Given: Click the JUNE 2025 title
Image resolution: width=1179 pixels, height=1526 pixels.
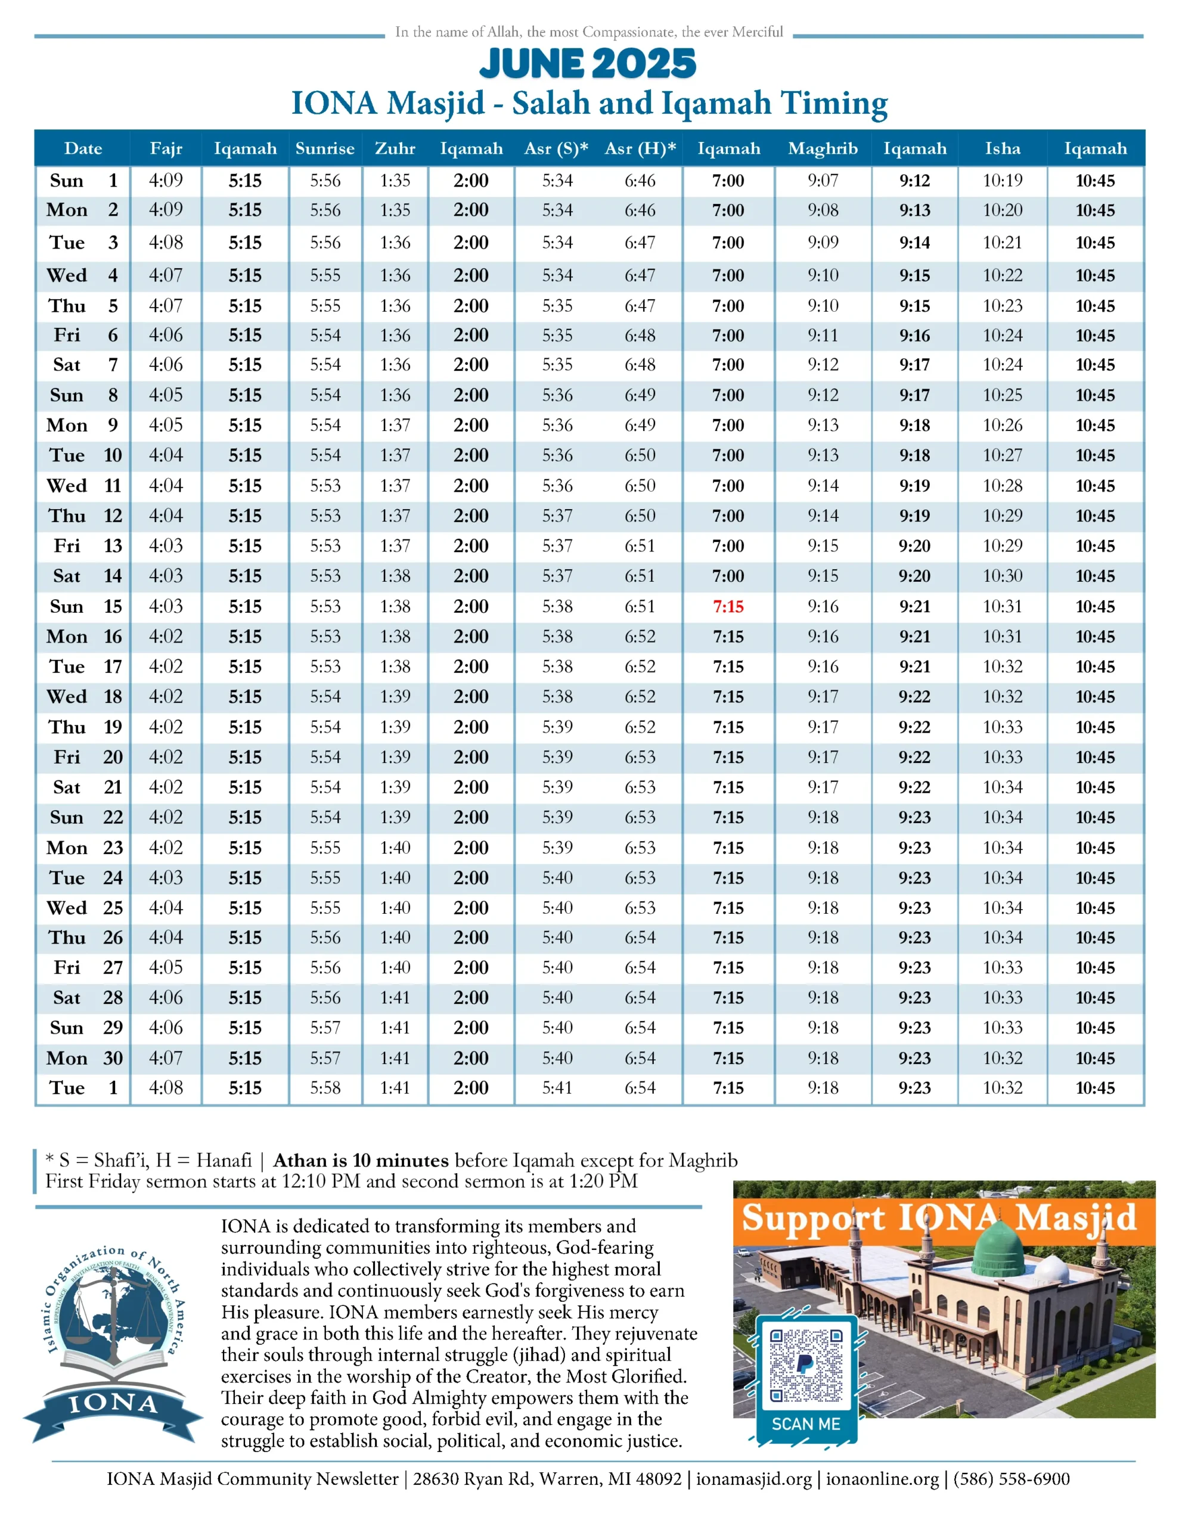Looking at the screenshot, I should click(588, 64).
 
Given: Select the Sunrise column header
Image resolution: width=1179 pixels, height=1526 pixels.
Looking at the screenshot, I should click(325, 148).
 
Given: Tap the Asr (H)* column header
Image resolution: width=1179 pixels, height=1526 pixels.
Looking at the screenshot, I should click(640, 148).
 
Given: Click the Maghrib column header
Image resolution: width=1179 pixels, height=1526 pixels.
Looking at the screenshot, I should click(823, 148).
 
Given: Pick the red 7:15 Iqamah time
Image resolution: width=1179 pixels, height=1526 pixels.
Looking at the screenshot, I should click(728, 606).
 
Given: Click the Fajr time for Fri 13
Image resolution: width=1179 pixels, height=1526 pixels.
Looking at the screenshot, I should click(166, 545).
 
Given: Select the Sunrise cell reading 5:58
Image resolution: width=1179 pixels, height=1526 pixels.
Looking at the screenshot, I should click(325, 1087).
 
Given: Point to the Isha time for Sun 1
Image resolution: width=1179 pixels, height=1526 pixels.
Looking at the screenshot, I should click(1002, 181).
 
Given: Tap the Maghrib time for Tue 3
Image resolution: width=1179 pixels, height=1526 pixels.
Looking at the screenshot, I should click(823, 243).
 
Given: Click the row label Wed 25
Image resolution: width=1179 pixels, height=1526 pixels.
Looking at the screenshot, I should click(84, 908).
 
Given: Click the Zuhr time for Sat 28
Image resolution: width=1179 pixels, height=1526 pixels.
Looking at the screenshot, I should click(395, 997).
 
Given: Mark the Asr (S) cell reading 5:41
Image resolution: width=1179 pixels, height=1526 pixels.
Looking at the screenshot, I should click(557, 1087).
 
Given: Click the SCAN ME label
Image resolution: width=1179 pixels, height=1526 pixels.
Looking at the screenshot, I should click(806, 1424).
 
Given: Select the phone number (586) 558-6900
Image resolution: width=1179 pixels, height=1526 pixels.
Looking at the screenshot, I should click(1012, 1478).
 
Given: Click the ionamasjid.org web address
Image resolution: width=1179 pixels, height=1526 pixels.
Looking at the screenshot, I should click(753, 1478).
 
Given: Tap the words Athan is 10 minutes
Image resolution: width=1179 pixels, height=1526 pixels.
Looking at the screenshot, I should click(361, 1161).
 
